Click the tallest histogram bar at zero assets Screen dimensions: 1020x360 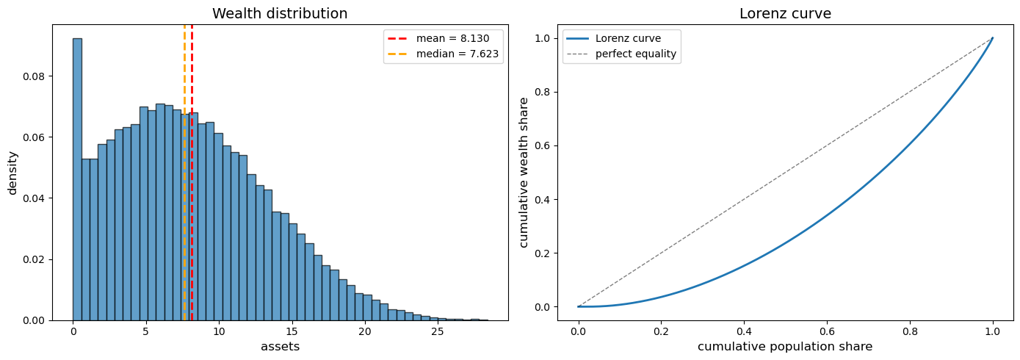[77, 179]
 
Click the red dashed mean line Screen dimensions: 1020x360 [192, 173]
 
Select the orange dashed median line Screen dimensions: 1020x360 [184, 173]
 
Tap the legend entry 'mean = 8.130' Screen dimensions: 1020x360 [438, 39]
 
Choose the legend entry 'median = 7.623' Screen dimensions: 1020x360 [443, 54]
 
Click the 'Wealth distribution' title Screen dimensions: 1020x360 [280, 14]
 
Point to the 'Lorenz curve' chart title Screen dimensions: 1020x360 [785, 14]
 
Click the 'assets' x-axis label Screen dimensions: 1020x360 [280, 347]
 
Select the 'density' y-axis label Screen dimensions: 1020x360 [12, 173]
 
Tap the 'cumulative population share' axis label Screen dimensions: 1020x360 [785, 347]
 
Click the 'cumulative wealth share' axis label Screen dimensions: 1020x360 [524, 173]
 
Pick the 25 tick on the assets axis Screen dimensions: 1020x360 [438, 332]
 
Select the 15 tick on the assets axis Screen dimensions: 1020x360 [292, 332]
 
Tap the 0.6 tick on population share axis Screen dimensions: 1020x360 [827, 332]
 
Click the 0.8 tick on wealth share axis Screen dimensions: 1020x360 [543, 92]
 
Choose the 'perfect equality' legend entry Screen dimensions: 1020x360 [621, 54]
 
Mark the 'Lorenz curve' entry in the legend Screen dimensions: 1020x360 [614, 39]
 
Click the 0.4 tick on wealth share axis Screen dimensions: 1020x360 [543, 200]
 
